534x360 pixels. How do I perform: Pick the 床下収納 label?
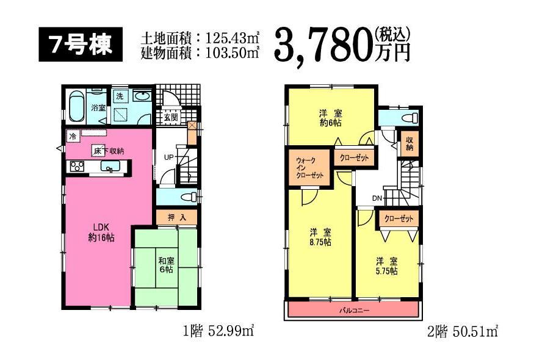pyautogui.click(x=109, y=151)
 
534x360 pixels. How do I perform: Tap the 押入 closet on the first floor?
pyautogui.click(x=174, y=217)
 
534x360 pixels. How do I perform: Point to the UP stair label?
pyautogui.click(x=167, y=157)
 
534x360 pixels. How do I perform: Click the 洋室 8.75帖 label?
pyautogui.click(x=320, y=237)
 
